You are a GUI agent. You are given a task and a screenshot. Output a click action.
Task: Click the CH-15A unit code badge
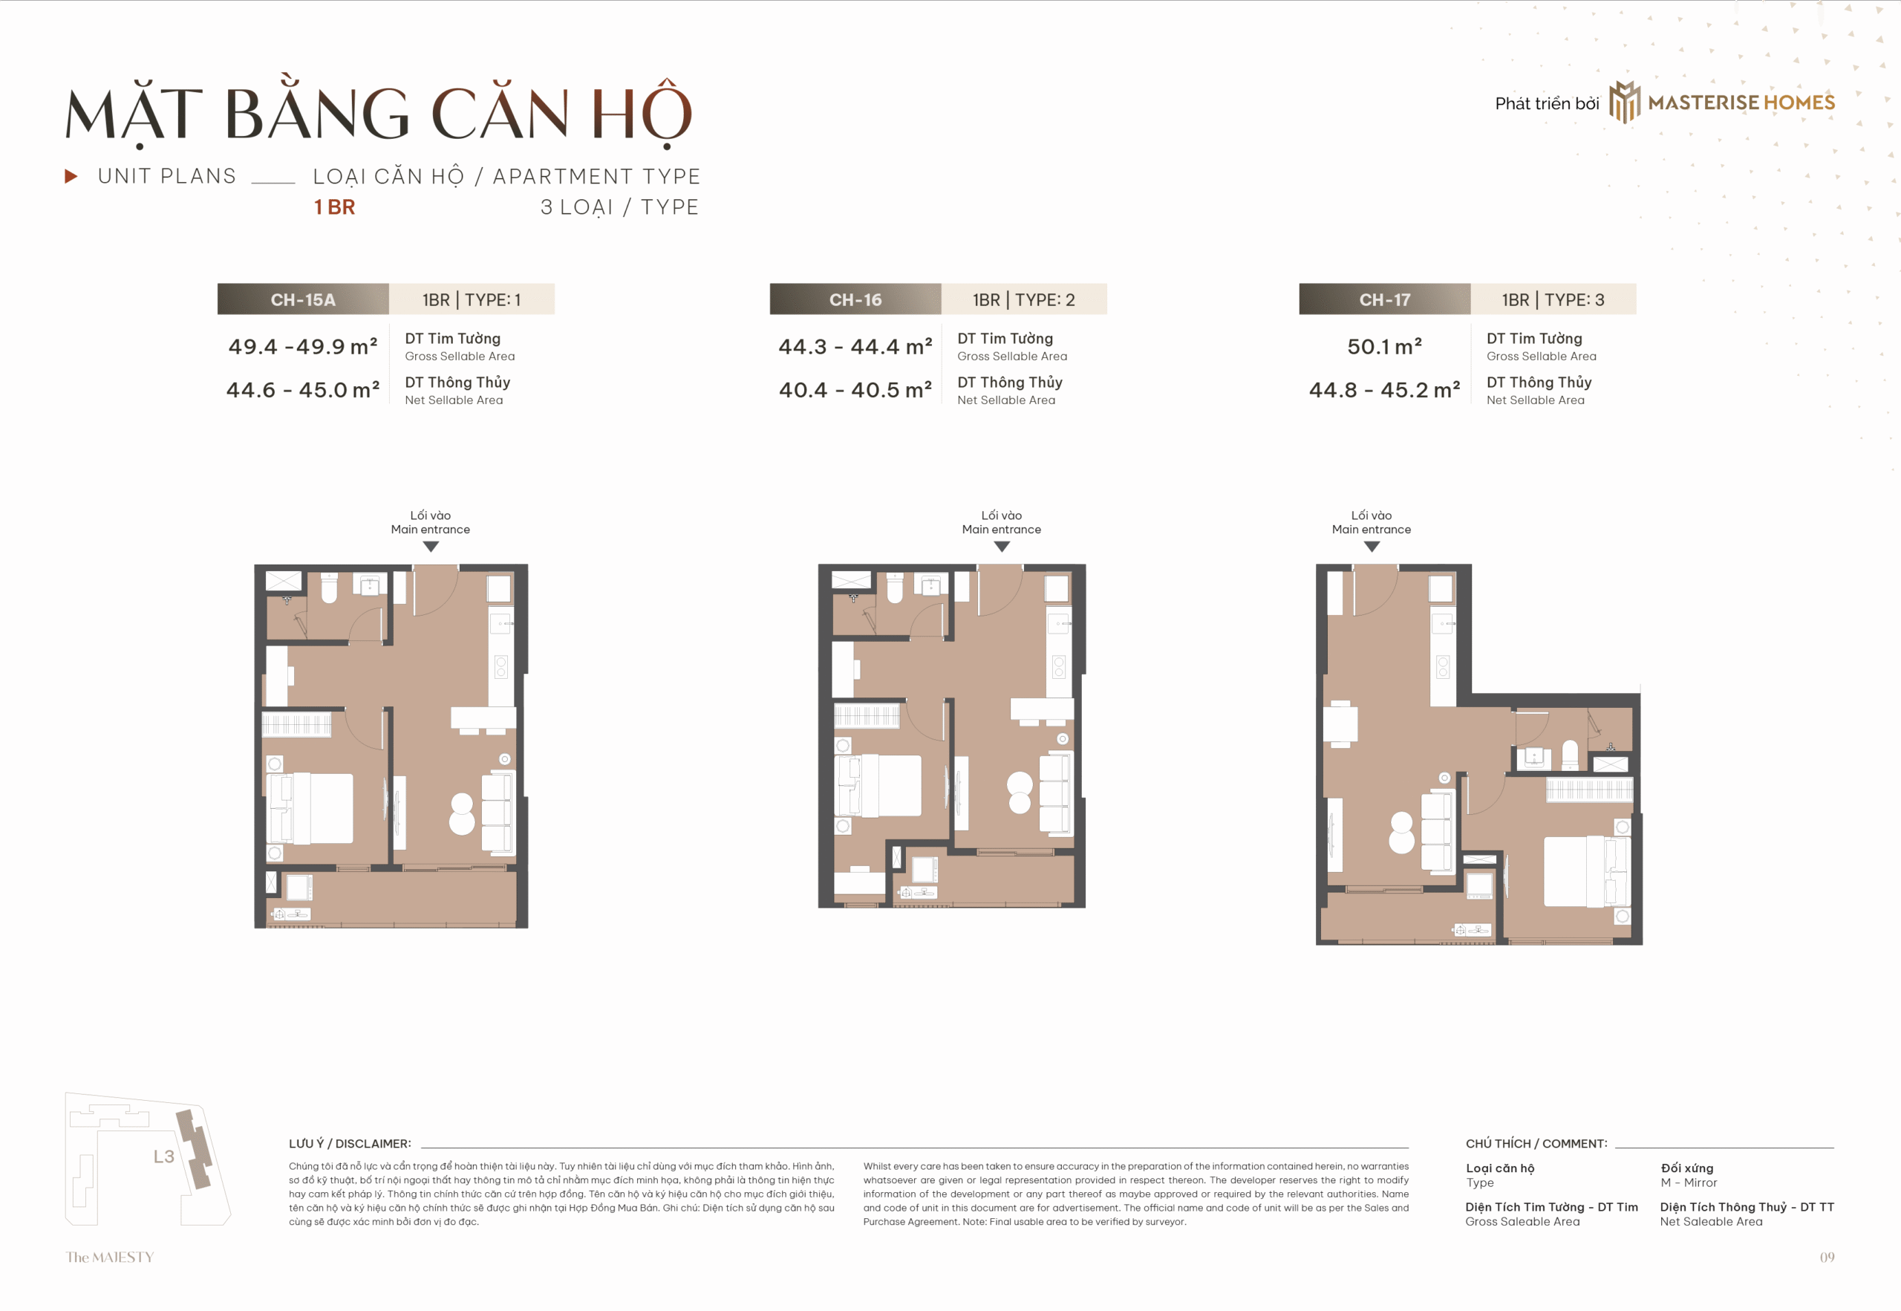coord(303,299)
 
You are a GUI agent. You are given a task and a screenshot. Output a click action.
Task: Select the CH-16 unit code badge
coord(855,299)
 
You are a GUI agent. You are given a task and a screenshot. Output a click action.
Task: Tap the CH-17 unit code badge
coord(1384,299)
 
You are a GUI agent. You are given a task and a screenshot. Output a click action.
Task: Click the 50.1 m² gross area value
coord(1384,346)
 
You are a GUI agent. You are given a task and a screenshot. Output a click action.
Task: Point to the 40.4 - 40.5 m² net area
coord(855,389)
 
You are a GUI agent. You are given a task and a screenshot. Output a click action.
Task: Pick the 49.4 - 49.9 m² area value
coord(303,346)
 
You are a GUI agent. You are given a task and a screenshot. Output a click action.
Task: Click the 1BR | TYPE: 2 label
coord(1024,299)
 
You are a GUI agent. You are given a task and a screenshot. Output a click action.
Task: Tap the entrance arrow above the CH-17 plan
coord(1372,546)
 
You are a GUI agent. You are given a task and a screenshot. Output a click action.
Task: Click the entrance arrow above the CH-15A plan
coord(430,546)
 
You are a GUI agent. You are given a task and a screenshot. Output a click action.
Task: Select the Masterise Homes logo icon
coord(1624,102)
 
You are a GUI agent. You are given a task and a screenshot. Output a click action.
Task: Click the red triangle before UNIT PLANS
coord(71,176)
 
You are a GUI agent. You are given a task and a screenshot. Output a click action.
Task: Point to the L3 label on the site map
coord(164,1157)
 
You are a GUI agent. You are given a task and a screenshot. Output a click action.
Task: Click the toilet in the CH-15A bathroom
coord(329,588)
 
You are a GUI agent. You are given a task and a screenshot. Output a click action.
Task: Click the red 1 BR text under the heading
coord(335,207)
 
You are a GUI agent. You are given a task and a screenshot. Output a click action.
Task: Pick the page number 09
coord(1826,1257)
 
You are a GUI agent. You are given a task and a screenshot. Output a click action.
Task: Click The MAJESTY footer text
coord(110,1257)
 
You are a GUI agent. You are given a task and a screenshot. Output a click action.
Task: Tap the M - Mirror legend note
coord(1689,1182)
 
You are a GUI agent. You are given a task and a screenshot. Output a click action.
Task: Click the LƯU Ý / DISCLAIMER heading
coord(350,1143)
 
